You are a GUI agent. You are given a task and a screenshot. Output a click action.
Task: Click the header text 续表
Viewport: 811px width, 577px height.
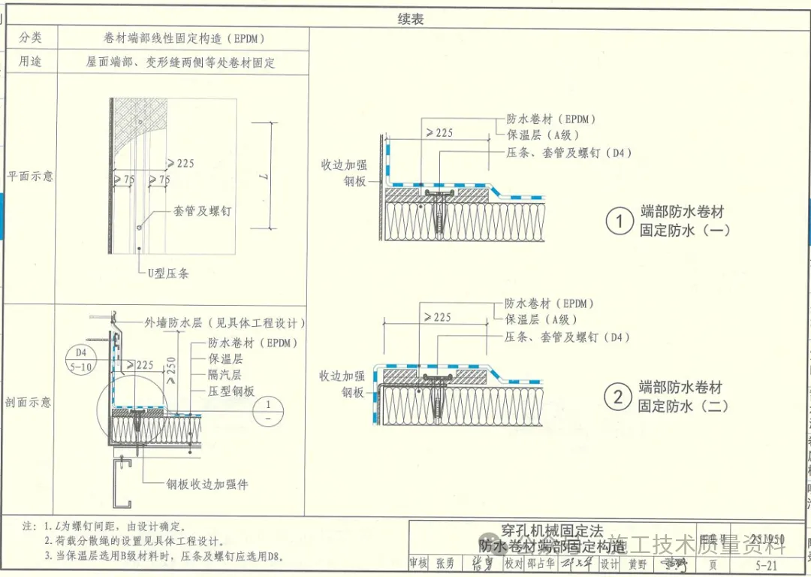411,20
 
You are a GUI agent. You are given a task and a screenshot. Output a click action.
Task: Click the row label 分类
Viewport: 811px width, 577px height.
31,38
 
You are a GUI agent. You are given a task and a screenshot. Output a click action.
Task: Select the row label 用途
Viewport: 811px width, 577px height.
31,62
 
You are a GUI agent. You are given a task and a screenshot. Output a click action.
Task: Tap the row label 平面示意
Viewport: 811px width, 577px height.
30,176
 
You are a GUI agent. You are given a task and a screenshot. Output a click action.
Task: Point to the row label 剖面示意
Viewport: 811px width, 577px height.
29,402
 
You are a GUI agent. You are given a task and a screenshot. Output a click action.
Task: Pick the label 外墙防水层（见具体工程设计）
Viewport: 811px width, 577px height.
225,323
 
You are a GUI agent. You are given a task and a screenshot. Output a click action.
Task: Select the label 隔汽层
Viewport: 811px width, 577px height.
225,375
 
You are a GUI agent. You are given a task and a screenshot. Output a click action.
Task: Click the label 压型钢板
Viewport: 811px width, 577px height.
231,391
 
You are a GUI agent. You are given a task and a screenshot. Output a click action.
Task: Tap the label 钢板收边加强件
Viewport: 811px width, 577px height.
207,485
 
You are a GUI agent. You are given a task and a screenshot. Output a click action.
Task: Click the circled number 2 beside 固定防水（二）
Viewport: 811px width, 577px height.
618,397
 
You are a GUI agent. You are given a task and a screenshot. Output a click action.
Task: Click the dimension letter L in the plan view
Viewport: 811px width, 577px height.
262,176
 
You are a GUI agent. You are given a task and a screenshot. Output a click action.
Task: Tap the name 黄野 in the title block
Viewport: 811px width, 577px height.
637,563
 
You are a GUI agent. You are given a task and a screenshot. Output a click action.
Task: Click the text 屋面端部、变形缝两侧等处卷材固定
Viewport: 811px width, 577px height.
180,62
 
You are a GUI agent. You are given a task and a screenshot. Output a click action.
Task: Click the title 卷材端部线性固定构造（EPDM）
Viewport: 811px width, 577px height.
184,38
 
